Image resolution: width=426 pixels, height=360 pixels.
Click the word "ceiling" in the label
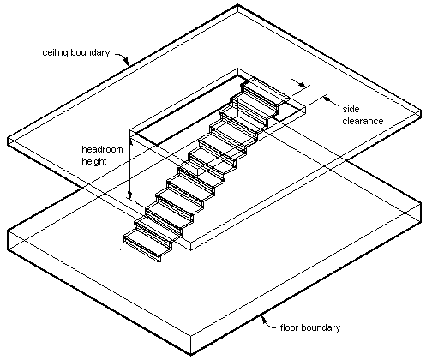pos(56,53)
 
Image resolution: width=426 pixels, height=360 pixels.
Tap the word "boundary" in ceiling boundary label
pos(90,52)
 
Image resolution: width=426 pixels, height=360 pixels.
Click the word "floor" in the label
pos(290,327)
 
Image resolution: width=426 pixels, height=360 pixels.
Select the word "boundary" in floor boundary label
pos(321,327)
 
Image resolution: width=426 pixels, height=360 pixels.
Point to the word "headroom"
pos(102,149)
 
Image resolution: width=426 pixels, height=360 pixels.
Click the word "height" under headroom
pos(94,161)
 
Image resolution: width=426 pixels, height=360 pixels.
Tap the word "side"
pos(351,109)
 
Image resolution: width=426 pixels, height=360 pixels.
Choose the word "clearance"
pos(363,121)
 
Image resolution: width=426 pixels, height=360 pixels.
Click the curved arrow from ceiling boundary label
pos(123,58)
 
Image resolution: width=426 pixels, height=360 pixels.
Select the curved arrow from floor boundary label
pos(268,322)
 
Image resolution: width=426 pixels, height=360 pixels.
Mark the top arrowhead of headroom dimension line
pos(130,143)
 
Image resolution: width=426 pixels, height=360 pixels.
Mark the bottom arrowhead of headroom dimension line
pos(130,195)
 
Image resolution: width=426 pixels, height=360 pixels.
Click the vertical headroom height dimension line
pos(130,170)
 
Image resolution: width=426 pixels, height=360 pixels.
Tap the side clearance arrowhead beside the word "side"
pos(327,99)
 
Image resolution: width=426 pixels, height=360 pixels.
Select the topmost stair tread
pos(266,91)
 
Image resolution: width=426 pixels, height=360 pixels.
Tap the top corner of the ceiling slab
pos(237,4)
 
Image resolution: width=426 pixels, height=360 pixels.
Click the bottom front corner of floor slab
pos(190,355)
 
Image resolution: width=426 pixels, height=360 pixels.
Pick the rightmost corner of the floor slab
pos(422,203)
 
